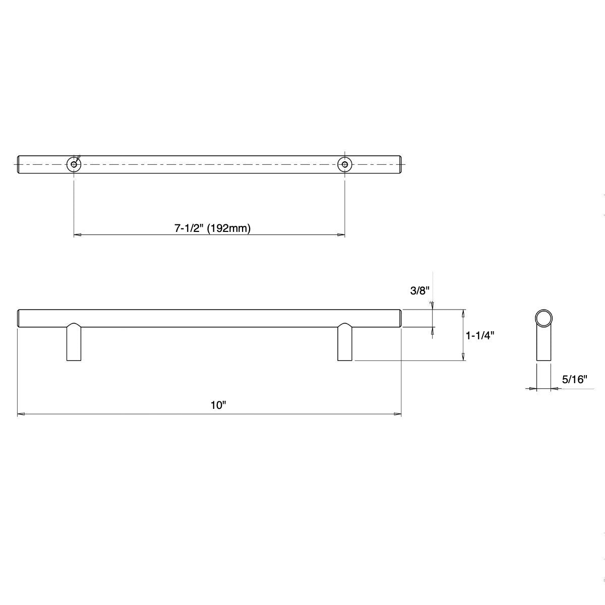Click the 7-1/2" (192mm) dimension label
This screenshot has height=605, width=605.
(212, 228)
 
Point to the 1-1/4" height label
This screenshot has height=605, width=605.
(480, 336)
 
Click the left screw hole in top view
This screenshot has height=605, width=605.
(74, 164)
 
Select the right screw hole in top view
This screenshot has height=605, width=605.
(345, 164)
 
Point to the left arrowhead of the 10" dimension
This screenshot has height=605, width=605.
(21, 414)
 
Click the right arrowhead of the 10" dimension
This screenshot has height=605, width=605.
(397, 414)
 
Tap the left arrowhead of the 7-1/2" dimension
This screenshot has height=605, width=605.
(78, 235)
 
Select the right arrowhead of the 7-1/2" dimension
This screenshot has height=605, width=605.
(341, 235)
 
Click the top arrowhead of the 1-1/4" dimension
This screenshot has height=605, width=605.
(463, 313)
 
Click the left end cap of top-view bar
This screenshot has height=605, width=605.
(20, 164)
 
